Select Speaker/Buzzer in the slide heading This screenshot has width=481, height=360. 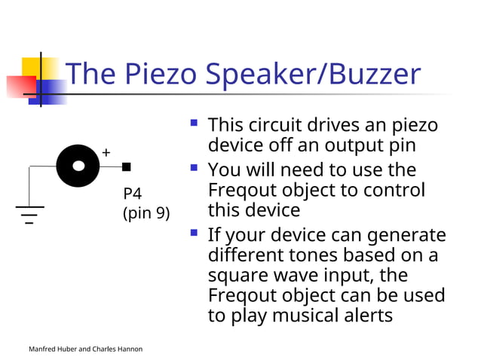click(313, 74)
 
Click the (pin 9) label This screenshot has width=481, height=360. click(146, 213)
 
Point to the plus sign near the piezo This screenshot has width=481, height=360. click(106, 153)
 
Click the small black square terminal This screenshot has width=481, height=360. click(126, 166)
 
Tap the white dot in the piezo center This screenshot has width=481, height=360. click(78, 166)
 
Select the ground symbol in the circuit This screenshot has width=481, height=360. click(29, 214)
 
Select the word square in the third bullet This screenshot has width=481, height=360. click(236, 275)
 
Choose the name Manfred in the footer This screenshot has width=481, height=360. click(43, 349)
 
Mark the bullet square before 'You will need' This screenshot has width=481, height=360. click(195, 167)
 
